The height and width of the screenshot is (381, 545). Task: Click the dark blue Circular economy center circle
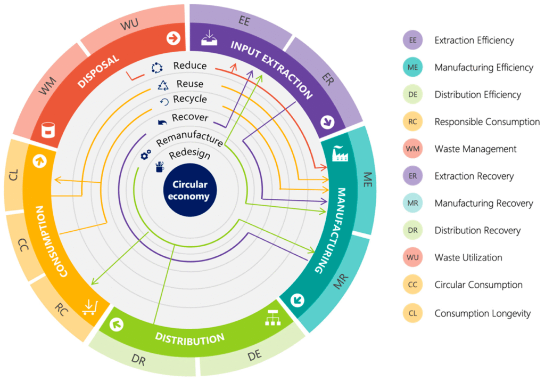[190, 191]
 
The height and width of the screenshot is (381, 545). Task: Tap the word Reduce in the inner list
[190, 67]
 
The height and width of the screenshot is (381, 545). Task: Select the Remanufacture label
[189, 141]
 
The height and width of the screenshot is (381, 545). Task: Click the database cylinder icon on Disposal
[49, 129]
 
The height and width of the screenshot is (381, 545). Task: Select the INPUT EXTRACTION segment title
[271, 69]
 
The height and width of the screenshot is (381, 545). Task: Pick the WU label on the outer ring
[129, 26]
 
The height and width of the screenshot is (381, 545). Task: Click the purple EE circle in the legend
[412, 40]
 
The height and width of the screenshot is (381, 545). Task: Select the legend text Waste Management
[475, 149]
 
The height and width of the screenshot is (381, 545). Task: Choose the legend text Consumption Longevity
[482, 313]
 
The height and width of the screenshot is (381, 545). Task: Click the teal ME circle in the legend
[412, 68]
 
